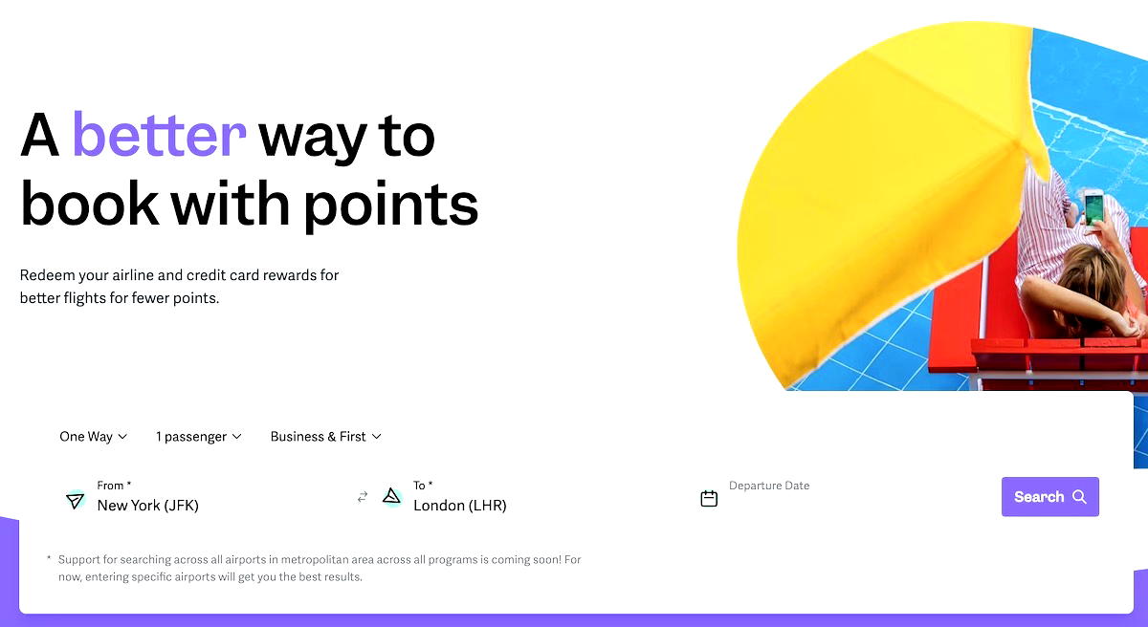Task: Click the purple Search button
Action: [1049, 497]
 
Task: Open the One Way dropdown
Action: [93, 437]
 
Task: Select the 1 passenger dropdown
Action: [198, 437]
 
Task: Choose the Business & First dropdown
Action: [325, 437]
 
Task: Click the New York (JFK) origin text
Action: [148, 506]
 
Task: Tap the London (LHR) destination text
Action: [460, 506]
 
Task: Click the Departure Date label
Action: [769, 486]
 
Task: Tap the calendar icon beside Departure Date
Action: [709, 498]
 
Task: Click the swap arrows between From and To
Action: [363, 497]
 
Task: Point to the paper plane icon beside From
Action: [75, 500]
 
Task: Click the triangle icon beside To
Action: [391, 496]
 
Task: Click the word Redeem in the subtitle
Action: [44, 275]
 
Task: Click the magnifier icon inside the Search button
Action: [1079, 497]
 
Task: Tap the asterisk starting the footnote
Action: [49, 558]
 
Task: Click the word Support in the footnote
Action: [78, 559]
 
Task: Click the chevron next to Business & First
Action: [377, 437]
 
